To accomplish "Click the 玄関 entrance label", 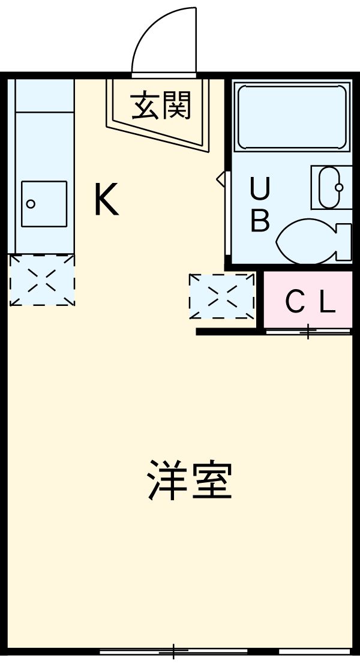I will point(161,106).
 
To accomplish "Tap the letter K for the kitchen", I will point(106,200).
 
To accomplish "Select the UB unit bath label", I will point(260,206).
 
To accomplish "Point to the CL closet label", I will point(309,303).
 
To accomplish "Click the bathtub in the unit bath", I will point(292,117).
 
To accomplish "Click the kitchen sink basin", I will point(44,203).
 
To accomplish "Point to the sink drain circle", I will point(31,204).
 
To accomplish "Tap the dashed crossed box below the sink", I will point(42,280).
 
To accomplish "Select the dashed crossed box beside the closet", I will point(222,296).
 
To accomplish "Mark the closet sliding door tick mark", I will point(308,331).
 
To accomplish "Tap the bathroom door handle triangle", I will point(221,179).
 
